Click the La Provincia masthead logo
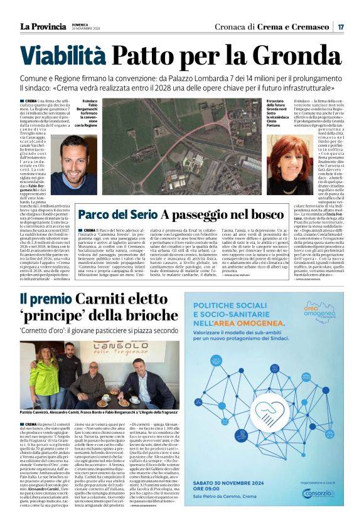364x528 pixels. coord(43,26)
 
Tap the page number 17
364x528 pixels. coord(340,27)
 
